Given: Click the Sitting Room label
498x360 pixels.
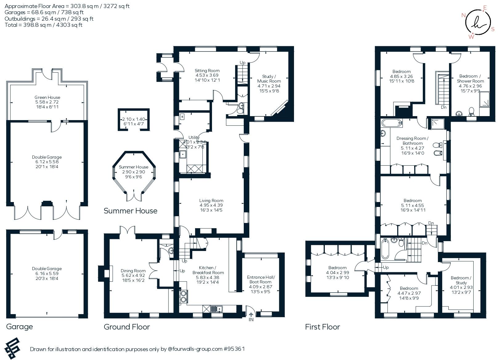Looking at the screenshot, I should point(207,71).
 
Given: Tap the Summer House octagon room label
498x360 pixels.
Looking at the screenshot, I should point(133,167).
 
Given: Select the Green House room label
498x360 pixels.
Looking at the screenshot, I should point(47,97).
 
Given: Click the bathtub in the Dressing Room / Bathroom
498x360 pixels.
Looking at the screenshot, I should point(392,123).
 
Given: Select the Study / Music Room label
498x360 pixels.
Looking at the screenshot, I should point(269,79).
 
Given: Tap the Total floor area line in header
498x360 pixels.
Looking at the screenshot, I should point(43,25).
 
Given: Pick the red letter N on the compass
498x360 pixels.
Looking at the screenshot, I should point(463,15).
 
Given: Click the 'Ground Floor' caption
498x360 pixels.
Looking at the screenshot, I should point(127,327).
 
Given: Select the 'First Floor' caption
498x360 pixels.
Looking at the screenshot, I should point(322,327).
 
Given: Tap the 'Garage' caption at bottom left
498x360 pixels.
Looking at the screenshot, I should point(19,326).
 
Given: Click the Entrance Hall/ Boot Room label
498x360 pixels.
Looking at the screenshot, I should point(260,280).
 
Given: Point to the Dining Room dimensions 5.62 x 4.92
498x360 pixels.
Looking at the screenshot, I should point(133,276).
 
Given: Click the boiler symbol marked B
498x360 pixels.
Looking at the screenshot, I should point(182,117).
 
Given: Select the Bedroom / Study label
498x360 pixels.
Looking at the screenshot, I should point(461,280).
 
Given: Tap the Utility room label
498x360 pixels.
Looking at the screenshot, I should point(194,137).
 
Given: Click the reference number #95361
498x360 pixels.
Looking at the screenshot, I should point(234,349).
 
